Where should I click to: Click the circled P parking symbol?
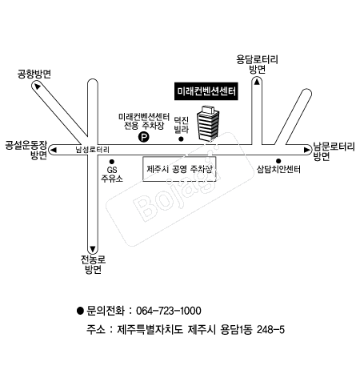coord(144,137)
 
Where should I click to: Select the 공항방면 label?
coord(34,74)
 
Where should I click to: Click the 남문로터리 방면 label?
coord(334,151)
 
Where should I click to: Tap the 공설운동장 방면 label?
coord(23,151)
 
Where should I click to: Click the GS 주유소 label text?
coord(112,175)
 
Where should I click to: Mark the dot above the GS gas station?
coord(112,160)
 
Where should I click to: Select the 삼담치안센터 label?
coord(278,170)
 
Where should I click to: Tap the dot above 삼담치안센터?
coord(278,160)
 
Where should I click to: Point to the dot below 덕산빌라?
coord(181,139)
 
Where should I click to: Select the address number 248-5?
coord(269,329)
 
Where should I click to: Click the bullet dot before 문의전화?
coord(79,311)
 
